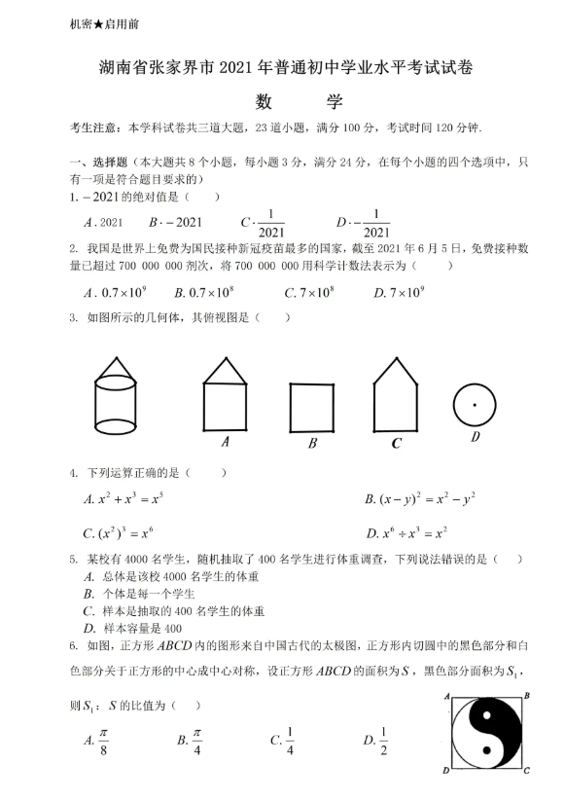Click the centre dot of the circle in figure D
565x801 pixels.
[475, 404]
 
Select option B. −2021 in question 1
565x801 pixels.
[176, 221]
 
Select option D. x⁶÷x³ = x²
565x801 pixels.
[406, 533]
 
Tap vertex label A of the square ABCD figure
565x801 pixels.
[445, 696]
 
